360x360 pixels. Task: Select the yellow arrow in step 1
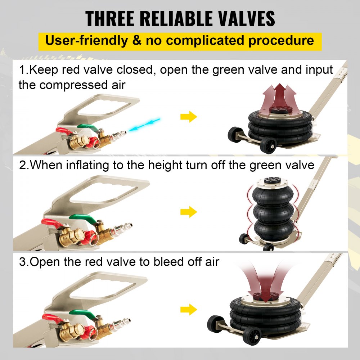point(189,117)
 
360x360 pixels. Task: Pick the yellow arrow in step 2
point(189,212)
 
